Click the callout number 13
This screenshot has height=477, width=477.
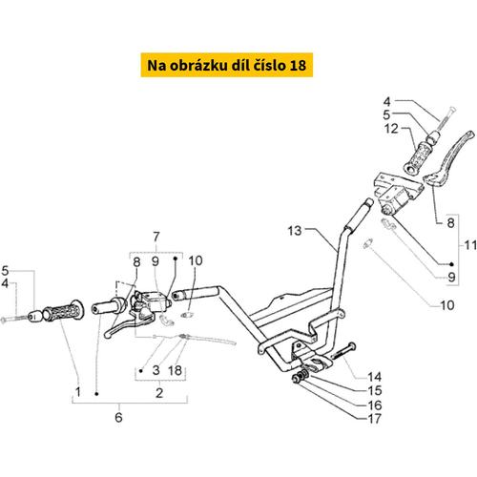[x=295, y=231]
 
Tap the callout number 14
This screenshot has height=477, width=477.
[x=374, y=377]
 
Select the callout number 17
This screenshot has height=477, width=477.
[x=374, y=419]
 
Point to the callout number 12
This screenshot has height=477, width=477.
[x=391, y=129]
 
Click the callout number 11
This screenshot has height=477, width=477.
[x=470, y=245]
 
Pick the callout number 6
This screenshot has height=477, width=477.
[x=118, y=417]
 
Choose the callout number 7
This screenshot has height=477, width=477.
[x=156, y=237]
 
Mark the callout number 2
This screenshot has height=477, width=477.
[x=159, y=393]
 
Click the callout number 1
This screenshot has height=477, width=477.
[x=78, y=392]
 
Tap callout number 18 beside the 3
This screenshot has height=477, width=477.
[x=175, y=370]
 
